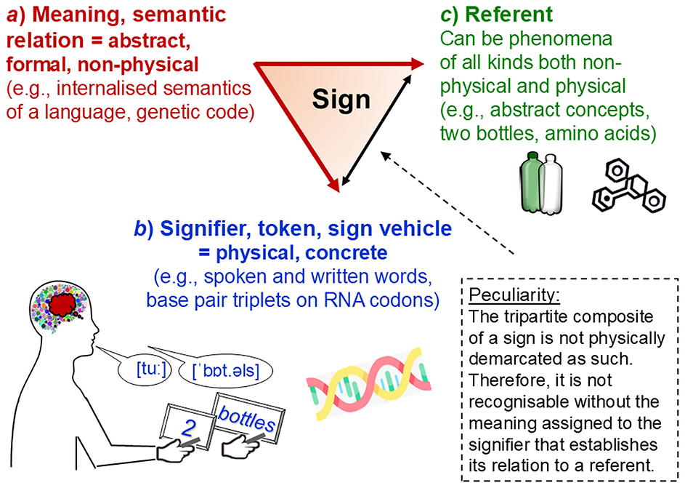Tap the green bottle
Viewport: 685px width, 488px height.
click(532, 185)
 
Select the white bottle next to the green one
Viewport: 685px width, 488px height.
click(554, 185)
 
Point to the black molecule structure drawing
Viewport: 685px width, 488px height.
click(626, 188)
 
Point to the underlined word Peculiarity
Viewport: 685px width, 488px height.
click(503, 297)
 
